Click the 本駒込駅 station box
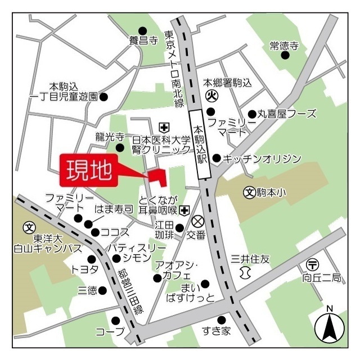200,145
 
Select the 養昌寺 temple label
142,40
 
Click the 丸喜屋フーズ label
287,114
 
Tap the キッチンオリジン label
262,159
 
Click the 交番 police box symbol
197,221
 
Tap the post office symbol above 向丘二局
312,264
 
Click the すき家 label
217,331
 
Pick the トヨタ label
85,269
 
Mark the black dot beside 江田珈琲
179,228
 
